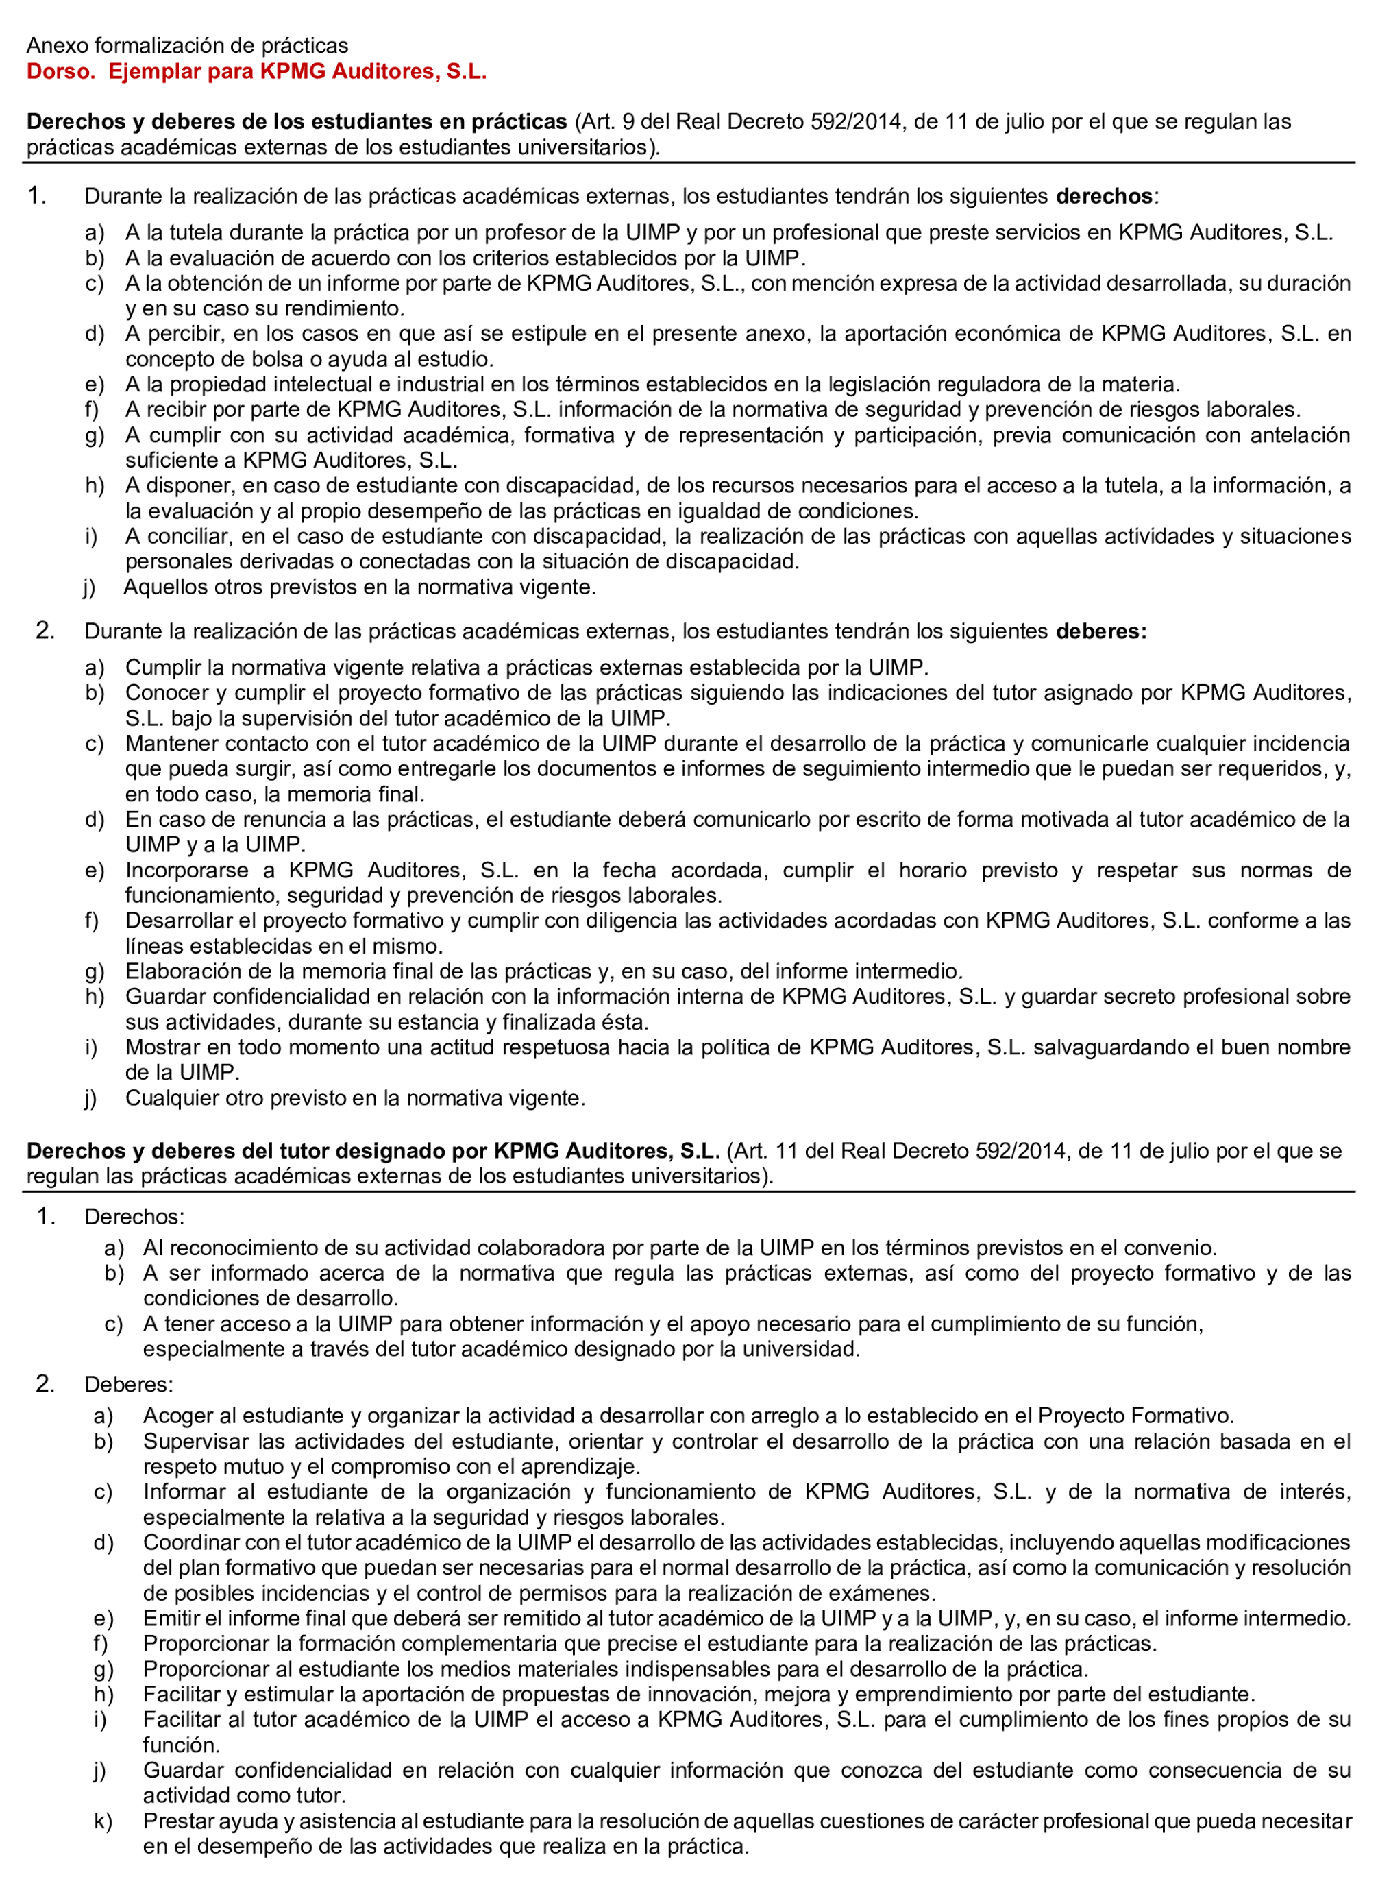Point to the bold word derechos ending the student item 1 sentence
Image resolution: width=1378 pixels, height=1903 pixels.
click(1103, 196)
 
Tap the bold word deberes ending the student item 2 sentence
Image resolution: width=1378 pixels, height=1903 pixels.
click(1100, 631)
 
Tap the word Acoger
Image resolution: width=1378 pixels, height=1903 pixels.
click(177, 1416)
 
